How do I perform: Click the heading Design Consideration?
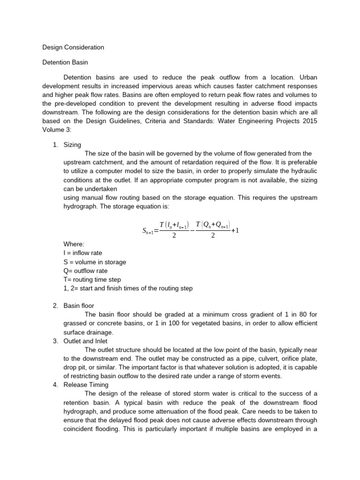(73, 47)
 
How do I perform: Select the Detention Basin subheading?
(65, 62)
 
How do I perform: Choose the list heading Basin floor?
(79, 306)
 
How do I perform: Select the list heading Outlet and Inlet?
(86, 341)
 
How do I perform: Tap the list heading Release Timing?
(86, 385)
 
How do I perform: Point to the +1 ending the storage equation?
(235, 230)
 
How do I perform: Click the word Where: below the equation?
(74, 244)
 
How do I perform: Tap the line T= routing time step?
(92, 280)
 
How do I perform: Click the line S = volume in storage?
(95, 262)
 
